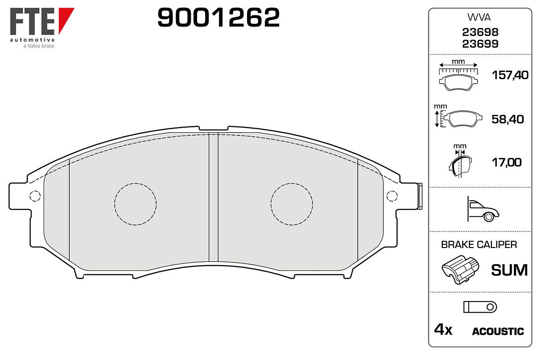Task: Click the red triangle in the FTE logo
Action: tap(65, 18)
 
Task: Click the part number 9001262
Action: tap(218, 18)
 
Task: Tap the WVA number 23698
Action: tap(480, 32)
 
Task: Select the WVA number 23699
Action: tap(480, 44)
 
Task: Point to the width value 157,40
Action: tap(510, 75)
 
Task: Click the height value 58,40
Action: tap(508, 119)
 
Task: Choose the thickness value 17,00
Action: tap(507, 162)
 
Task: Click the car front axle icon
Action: tap(483, 209)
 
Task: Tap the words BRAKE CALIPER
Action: tap(479, 245)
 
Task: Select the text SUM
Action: tap(509, 270)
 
